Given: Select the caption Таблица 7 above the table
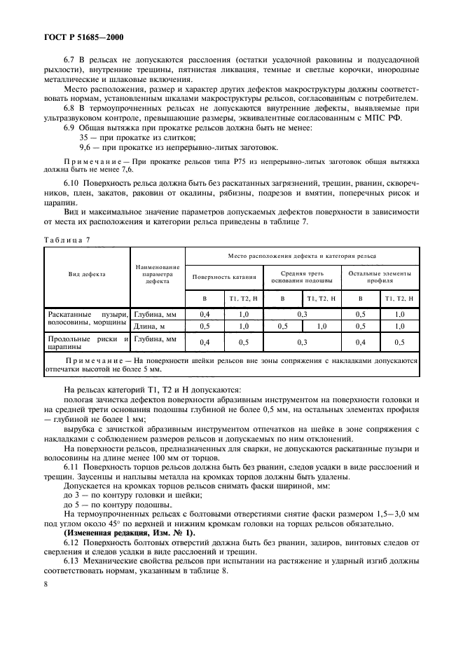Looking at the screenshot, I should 65,239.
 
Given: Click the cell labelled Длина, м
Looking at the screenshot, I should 148,326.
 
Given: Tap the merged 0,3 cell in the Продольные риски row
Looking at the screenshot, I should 302,341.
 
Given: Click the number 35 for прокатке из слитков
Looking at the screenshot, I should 85,137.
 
